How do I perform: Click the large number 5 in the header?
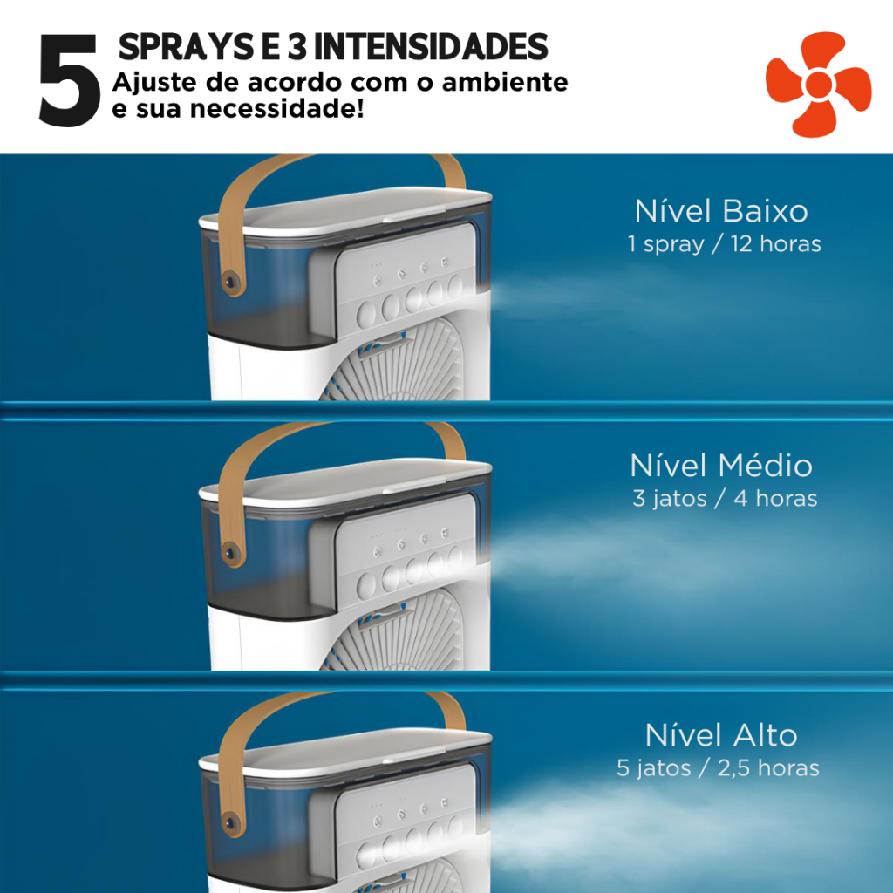(x=69, y=80)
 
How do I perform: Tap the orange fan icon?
(x=818, y=85)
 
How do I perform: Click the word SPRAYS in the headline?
(x=187, y=47)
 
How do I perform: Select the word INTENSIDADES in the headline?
(x=430, y=47)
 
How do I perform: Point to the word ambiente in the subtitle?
(x=505, y=83)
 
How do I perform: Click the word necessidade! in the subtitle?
(x=276, y=108)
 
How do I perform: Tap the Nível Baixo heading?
(x=721, y=211)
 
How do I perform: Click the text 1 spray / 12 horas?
(x=724, y=244)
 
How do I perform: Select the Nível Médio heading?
(x=721, y=466)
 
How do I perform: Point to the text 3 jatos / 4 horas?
(x=725, y=498)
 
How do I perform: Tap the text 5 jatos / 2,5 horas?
(x=718, y=768)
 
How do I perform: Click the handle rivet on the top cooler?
(x=230, y=282)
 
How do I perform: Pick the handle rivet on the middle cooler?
(x=230, y=552)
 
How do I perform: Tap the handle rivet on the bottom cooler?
(x=230, y=822)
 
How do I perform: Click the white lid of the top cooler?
(x=345, y=213)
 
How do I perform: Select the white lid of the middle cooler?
(x=345, y=483)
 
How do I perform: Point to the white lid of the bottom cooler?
(x=345, y=753)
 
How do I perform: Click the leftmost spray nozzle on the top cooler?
(x=366, y=314)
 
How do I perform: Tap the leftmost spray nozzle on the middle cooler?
(x=366, y=584)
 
